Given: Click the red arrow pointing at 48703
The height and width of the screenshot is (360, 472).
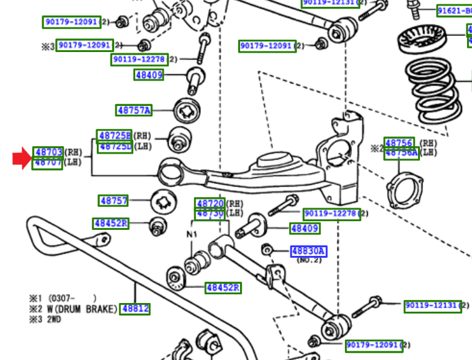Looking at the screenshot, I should pos(21,159).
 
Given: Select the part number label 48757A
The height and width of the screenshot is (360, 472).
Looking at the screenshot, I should pos(134,111).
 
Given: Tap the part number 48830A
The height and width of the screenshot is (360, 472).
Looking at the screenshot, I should pos(308,251).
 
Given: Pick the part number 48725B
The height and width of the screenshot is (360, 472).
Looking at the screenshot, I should pos(115,136).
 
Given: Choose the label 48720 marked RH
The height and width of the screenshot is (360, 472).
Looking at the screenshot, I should pos(210,203).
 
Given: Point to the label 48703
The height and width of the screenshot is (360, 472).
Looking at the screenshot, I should pos(48,152).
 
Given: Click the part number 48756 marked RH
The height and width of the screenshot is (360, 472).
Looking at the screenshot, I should pos(398,143).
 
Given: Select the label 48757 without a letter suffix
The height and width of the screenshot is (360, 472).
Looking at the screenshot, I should pos(114,201).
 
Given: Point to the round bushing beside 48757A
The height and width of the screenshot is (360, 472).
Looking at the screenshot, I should pos(185,111).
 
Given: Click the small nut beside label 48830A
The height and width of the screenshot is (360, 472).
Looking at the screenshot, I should pos(267,250).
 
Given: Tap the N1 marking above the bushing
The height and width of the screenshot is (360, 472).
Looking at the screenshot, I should pos(192,235).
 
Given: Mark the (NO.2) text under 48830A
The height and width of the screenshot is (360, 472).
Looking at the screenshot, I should pos(308,261).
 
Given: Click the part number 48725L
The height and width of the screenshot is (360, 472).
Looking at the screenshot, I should pos(115,147).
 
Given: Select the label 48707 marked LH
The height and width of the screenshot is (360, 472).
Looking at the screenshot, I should pos(48,162).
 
